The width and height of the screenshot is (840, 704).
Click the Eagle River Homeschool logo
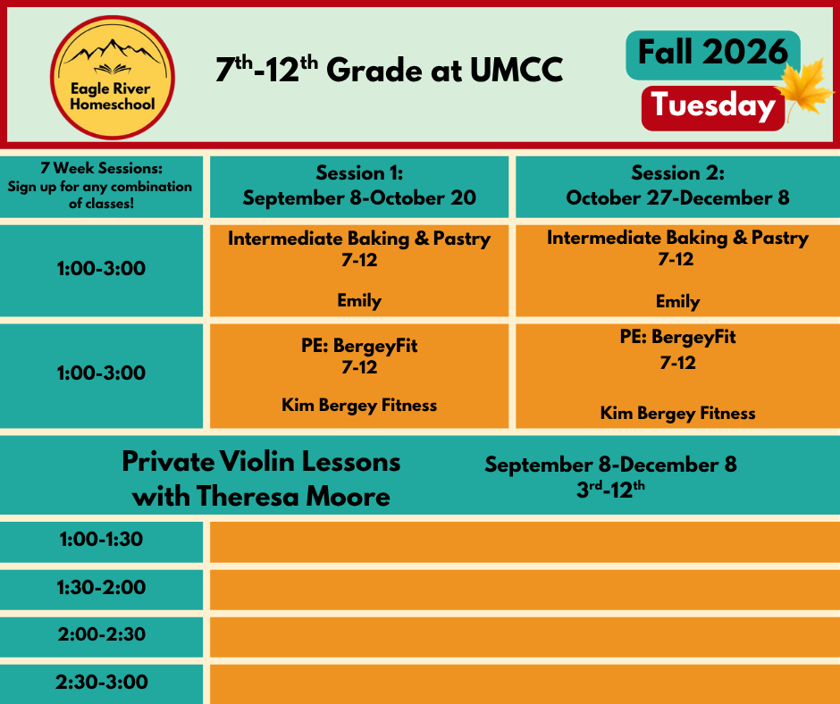pos(113,78)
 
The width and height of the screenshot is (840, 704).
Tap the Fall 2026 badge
pos(713,54)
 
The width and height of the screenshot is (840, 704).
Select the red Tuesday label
pos(713,108)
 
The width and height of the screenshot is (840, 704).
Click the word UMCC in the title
pos(517,71)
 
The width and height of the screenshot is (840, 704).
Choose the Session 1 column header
pos(359,187)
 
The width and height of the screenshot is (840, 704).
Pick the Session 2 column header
pos(677,187)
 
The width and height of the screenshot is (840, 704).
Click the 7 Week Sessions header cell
pos(101,187)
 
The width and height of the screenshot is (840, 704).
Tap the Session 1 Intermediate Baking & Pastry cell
pos(359,271)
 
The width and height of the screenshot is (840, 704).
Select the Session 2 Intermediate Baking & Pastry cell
pos(677,271)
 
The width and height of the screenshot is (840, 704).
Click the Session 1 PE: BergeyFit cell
pos(359,375)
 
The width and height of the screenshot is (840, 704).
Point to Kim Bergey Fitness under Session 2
pos(677,413)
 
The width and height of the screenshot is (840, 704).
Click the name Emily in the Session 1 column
pos(359,300)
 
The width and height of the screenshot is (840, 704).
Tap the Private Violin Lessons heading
pos(262,479)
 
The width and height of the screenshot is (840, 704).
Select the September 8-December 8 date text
pos(610,465)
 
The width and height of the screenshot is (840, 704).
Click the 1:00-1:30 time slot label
pos(101,539)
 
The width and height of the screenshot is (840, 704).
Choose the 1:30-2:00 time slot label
pos(101,587)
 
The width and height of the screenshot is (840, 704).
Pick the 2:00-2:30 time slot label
pos(101,634)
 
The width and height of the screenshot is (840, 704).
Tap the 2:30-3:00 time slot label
pos(101,682)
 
